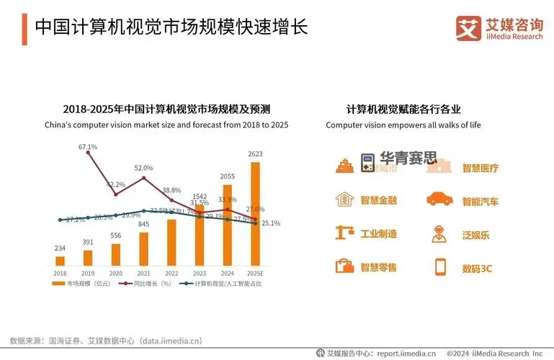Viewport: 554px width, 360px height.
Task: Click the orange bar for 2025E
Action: tap(255, 214)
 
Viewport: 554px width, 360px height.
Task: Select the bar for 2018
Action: tap(60, 261)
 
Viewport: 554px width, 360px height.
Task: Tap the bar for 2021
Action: tap(143, 248)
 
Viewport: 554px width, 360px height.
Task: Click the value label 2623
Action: tap(255, 154)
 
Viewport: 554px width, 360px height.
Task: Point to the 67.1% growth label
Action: tap(88, 147)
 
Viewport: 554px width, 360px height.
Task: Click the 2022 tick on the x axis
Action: tap(171, 274)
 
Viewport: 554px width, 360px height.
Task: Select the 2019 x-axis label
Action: tap(88, 274)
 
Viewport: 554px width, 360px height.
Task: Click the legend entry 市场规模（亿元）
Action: tap(85, 284)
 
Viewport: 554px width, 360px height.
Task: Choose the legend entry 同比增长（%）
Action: tap(148, 284)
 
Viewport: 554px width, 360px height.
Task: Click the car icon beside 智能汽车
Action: tap(439, 200)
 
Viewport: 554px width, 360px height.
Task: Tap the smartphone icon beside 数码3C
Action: tap(440, 267)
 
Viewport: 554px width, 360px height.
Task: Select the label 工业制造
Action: tap(378, 234)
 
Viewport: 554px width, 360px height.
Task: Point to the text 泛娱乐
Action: tap(475, 234)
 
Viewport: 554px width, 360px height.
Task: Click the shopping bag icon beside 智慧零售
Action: tap(344, 266)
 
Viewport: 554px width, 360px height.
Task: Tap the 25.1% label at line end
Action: tap(271, 223)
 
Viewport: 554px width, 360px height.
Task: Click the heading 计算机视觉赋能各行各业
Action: tap(403, 109)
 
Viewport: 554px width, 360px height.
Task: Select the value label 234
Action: tap(60, 248)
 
